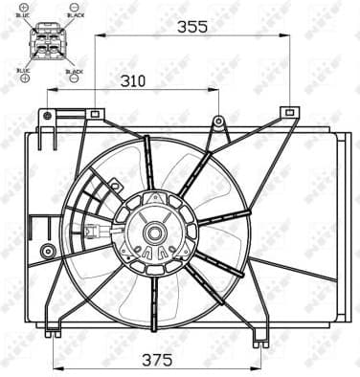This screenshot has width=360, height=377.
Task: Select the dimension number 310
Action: point(133,81)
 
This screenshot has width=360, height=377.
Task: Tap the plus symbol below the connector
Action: point(23,78)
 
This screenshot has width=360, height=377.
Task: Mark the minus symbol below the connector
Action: point(74,78)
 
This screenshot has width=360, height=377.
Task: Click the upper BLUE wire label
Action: point(24,16)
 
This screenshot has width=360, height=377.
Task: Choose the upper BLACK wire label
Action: point(74,16)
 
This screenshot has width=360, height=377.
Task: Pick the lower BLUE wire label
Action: point(24,70)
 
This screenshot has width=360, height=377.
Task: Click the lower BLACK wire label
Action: point(74,70)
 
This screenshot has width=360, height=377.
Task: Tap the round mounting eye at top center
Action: point(219,122)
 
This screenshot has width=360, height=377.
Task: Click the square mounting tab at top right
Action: point(287,113)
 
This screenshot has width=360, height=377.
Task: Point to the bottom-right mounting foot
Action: point(259,342)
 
